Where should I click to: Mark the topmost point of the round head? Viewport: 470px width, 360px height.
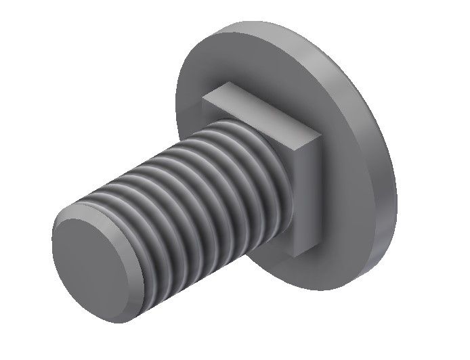coord(271,22)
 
